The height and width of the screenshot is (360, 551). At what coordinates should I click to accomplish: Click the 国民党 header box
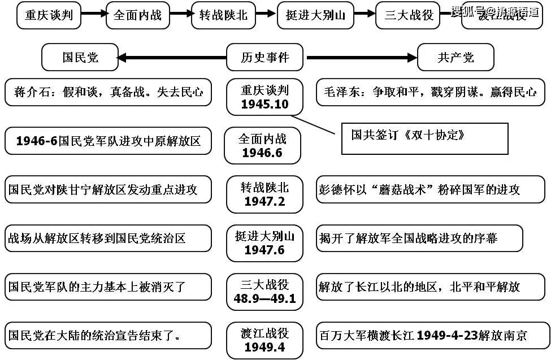tap(80, 58)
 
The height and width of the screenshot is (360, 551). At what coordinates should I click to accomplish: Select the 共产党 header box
tap(455, 58)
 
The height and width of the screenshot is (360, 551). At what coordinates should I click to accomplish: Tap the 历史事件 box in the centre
tap(264, 58)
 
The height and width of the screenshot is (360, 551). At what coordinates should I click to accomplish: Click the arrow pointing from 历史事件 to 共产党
tap(361, 58)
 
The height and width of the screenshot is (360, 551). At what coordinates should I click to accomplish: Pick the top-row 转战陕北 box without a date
tap(223, 15)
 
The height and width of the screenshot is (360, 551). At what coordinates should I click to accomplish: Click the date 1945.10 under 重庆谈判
tap(264, 105)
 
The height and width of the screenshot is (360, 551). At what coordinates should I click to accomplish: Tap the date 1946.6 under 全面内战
tap(263, 153)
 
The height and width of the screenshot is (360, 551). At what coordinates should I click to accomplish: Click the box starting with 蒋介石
tap(108, 92)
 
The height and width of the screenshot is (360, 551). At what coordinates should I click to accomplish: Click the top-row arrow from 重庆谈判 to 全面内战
tap(93, 14)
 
